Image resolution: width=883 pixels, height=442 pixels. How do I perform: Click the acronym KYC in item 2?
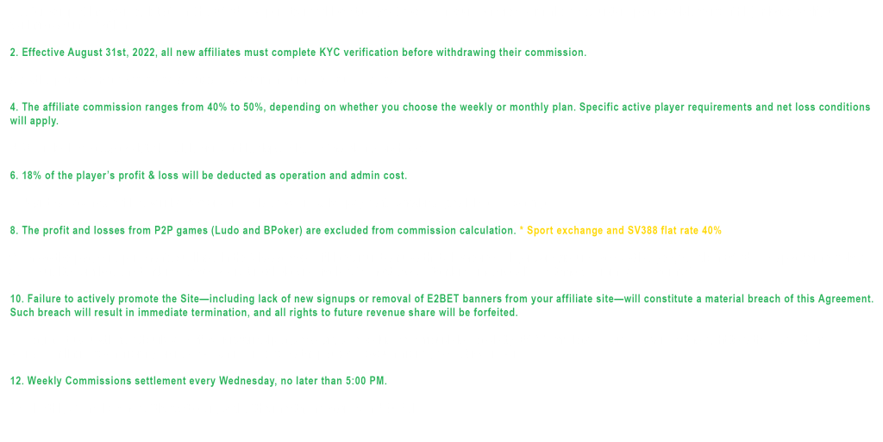[x=329, y=53]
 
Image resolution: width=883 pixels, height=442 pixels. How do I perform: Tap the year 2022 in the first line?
[x=144, y=53]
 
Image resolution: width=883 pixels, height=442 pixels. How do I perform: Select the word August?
[x=85, y=53]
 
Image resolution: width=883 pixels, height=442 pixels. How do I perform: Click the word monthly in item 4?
[x=531, y=108]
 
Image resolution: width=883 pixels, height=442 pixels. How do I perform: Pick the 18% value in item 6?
[x=32, y=176]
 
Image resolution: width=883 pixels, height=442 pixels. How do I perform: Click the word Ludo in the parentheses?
[x=227, y=231]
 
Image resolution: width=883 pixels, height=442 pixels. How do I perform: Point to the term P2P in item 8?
[x=164, y=231]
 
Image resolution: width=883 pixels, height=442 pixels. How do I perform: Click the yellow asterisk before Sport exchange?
[x=522, y=229]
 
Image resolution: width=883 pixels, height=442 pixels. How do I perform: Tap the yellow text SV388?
[x=642, y=231]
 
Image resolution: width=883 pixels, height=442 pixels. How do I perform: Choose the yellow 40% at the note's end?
[x=711, y=231]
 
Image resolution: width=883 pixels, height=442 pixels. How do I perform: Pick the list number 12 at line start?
[x=17, y=382]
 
